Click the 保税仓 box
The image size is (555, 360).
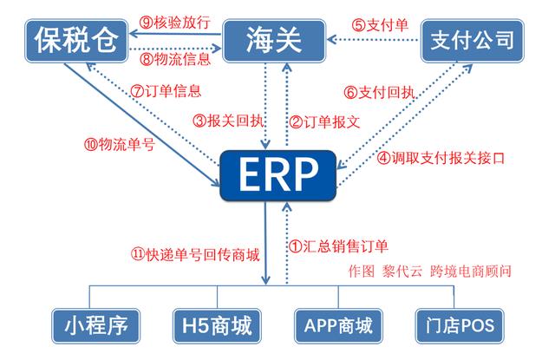coord(76,41)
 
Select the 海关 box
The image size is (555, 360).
coord(274,41)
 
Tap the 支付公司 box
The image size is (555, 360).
coord(472,41)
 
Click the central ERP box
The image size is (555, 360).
coord(277,175)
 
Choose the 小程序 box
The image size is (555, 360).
coord(96,325)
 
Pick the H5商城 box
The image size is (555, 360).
coord(217,325)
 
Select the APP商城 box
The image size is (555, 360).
coord(338,325)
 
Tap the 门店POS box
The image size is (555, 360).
coord(460,325)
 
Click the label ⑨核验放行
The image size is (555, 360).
coord(175,23)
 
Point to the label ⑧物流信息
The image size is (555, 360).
coord(175,59)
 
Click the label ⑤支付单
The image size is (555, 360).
coord(380,25)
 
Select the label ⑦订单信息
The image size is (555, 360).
coord(166,91)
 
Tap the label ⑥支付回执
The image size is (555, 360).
coord(379,93)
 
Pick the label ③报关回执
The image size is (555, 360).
coord(228,121)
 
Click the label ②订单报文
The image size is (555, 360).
coord(324,122)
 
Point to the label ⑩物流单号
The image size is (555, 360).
coord(120,144)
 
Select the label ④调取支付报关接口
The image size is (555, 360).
coord(441,158)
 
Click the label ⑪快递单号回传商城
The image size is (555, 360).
coord(195,254)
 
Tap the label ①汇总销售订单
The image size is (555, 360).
coord(338,246)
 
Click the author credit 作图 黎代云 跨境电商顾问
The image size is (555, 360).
coord(430,272)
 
